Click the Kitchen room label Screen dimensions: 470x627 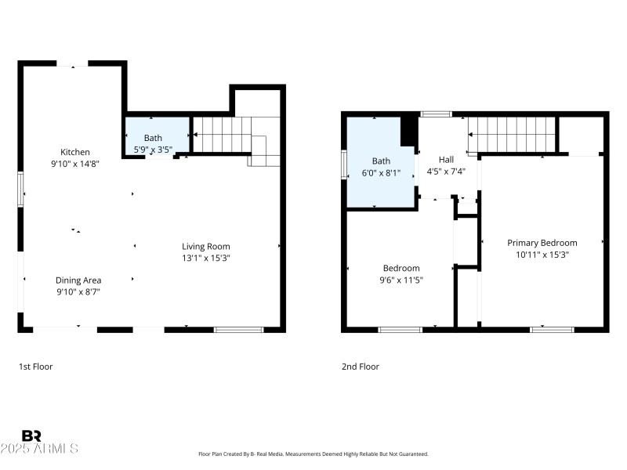point(76,152)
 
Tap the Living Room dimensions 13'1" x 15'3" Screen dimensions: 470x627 point(206,258)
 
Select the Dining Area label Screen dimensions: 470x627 point(78,280)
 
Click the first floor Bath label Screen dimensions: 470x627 point(153,138)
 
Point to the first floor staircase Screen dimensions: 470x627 point(223,134)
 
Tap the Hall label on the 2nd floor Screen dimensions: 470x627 point(446,159)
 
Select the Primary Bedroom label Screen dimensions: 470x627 point(542,243)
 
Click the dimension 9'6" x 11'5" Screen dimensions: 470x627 point(401,280)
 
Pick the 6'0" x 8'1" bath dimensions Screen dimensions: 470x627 point(381,173)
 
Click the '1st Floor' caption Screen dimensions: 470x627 point(36,366)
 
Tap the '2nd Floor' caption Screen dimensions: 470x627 point(361,366)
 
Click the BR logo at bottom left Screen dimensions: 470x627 point(31,436)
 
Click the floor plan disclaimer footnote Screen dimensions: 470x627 point(313,454)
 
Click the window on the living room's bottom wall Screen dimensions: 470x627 point(237,330)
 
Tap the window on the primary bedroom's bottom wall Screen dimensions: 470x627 point(552,330)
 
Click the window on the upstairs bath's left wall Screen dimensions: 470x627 point(344,164)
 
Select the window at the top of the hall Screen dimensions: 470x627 point(436,114)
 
